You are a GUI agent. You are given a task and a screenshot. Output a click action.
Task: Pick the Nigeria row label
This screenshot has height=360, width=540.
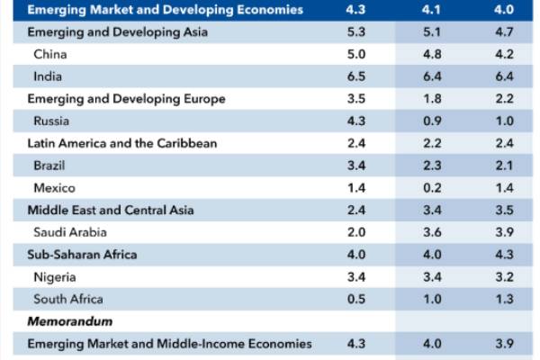(x=52, y=277)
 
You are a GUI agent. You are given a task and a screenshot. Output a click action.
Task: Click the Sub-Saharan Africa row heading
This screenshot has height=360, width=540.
(x=82, y=255)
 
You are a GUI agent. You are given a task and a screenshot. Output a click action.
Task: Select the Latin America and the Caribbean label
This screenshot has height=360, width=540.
(x=122, y=143)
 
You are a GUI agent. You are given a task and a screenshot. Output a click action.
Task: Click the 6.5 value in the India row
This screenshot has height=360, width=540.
(x=355, y=76)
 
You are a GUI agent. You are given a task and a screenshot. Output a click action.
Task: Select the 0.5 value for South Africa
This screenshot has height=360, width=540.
(x=355, y=299)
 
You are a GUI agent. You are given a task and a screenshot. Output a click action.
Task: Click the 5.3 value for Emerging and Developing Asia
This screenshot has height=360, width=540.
(x=355, y=32)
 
